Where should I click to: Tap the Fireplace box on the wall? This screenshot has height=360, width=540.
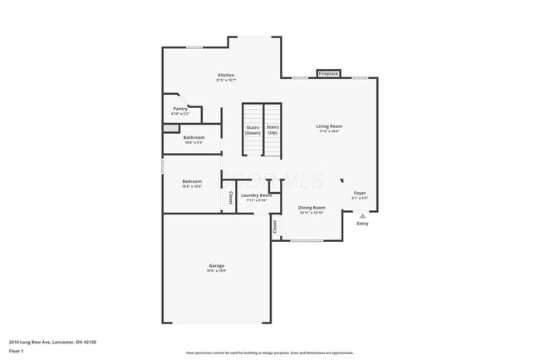point(328,74)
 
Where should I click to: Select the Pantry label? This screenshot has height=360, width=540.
point(180,108)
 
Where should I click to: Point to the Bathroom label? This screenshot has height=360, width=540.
point(194,137)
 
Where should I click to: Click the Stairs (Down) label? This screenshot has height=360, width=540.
point(253,130)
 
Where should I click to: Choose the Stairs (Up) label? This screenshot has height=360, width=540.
point(272,130)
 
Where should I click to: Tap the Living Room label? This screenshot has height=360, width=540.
point(329,126)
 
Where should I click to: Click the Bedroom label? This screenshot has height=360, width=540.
point(192,181)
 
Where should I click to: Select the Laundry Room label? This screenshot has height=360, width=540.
point(256,195)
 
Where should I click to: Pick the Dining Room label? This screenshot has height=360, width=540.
point(312,208)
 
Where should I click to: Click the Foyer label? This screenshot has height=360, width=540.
point(359,193)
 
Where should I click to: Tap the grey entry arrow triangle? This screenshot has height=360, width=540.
point(362,215)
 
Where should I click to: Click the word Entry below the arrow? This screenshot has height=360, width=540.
point(362,224)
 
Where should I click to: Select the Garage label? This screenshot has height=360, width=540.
point(216,266)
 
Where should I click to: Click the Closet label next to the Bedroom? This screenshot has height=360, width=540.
point(230,199)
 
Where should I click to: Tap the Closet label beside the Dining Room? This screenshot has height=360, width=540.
point(274,225)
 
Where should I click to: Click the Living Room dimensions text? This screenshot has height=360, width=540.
point(329,132)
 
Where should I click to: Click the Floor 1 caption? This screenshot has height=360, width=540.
point(17,351)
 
